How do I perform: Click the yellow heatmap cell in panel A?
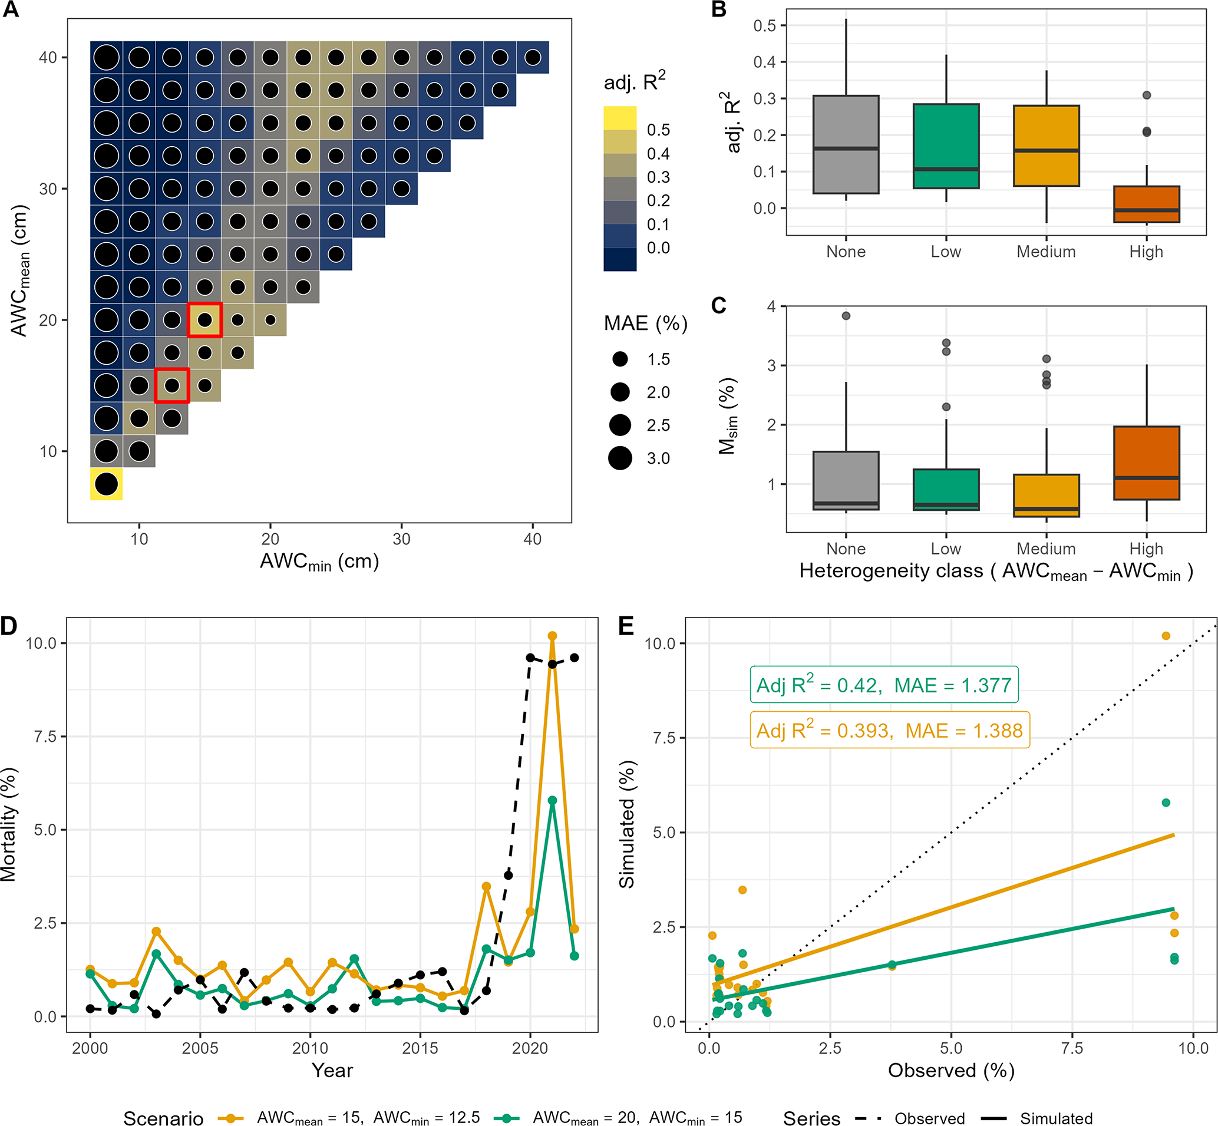pyautogui.click(x=107, y=484)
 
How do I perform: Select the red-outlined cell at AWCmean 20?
pyautogui.click(x=204, y=319)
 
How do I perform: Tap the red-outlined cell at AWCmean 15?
pyautogui.click(x=172, y=385)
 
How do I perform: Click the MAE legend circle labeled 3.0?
pyautogui.click(x=620, y=458)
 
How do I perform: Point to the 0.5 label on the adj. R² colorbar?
pyautogui.click(x=658, y=130)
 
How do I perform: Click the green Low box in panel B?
pyautogui.click(x=946, y=146)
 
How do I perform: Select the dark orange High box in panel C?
pyautogui.click(x=1146, y=463)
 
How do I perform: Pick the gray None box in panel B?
pyautogui.click(x=846, y=144)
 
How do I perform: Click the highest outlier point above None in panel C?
pyautogui.click(x=846, y=316)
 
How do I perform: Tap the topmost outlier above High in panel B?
pyautogui.click(x=1146, y=95)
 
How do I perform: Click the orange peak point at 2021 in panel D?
pyautogui.click(x=552, y=636)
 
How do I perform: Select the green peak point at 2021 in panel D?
pyautogui.click(x=552, y=800)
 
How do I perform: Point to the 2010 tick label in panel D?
pyautogui.click(x=310, y=1048)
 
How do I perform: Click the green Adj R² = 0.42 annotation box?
pyautogui.click(x=883, y=685)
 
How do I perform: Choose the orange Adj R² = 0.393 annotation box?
pyautogui.click(x=889, y=730)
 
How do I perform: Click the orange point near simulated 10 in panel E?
pyautogui.click(x=1166, y=636)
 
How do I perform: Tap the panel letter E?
pyautogui.click(x=626, y=626)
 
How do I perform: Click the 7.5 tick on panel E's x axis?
pyautogui.click(x=1072, y=1048)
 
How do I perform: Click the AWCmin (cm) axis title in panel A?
pyautogui.click(x=319, y=561)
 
